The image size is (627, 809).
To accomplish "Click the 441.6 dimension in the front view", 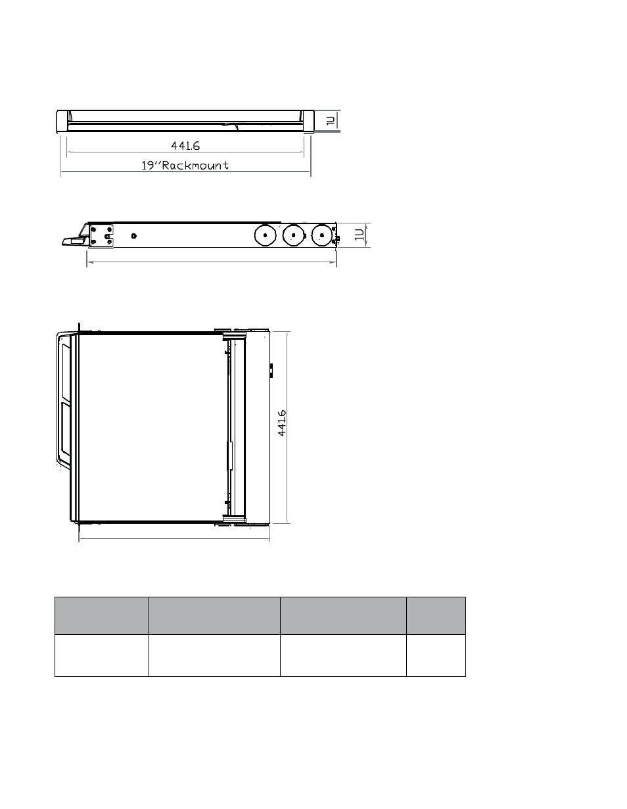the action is [x=185, y=146].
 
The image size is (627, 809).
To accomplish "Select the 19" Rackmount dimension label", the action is [x=185, y=165].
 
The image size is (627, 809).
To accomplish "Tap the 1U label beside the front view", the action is [x=331, y=121].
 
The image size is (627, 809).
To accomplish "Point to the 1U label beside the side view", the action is [x=360, y=235].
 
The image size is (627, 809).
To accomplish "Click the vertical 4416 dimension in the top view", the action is [x=282, y=423].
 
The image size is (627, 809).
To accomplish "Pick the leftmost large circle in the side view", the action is [x=265, y=235].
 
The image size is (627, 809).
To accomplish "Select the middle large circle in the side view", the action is [x=293, y=235].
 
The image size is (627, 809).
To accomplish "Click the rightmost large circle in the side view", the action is [x=321, y=235].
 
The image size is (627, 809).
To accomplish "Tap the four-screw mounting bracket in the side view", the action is [x=101, y=236].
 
